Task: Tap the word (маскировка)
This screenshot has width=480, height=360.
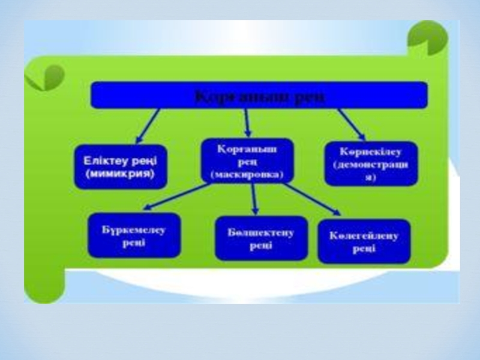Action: coord(247,175)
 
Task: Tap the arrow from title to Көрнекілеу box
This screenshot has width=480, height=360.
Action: coord(352,124)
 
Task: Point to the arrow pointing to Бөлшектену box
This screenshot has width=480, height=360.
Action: coord(254,199)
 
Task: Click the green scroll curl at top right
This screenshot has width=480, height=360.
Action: coord(427,37)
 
